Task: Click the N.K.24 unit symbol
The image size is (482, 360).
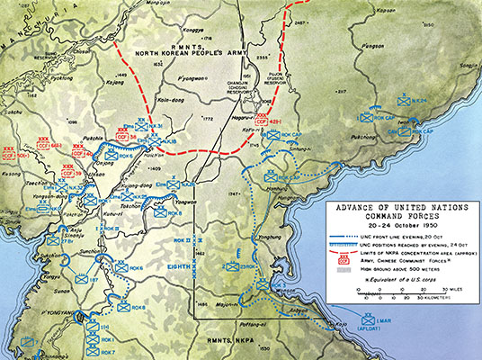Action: [422, 100]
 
